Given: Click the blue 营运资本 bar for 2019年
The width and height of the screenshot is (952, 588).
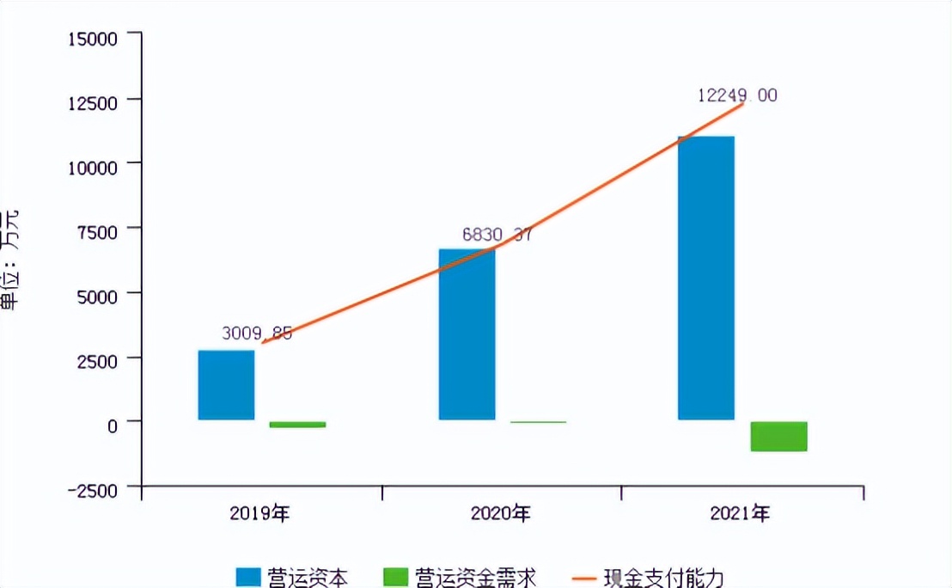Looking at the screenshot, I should [226, 385].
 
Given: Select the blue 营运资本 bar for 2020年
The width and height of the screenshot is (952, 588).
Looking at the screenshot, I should [467, 334].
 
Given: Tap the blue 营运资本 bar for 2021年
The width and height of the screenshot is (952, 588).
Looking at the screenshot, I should [706, 278].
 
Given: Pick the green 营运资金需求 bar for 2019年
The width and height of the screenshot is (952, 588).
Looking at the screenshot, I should [297, 425].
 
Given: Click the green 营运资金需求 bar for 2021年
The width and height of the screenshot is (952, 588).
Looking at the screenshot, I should [778, 436].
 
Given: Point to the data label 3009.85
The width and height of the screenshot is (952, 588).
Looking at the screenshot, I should [256, 332].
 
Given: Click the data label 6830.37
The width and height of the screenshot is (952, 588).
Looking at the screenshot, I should [497, 234].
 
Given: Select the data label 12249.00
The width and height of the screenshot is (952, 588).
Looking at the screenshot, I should [737, 95].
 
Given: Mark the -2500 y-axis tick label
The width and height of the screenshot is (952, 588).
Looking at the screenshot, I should [98, 489].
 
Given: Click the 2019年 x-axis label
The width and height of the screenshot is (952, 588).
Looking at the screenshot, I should [259, 514].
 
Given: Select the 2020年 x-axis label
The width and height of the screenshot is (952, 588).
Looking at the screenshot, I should [500, 514].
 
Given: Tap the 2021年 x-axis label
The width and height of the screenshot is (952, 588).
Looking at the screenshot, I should [740, 514].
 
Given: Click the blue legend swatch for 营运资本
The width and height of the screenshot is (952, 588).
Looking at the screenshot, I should [248, 577].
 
